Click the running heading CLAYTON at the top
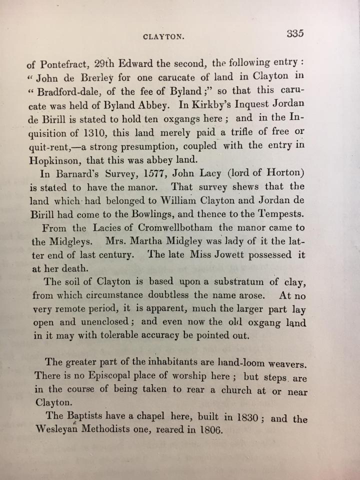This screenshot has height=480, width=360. [x=164, y=36]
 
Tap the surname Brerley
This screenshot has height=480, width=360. [x=103, y=77]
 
